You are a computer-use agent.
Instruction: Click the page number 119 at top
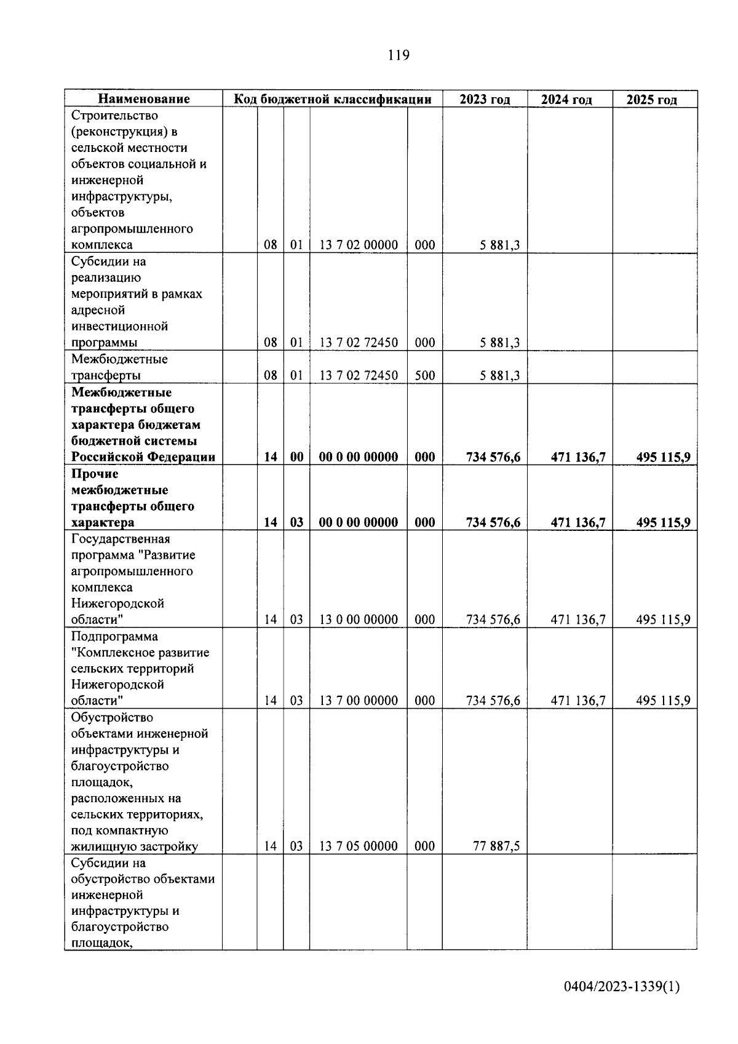coord(398,55)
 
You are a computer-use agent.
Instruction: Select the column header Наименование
coord(144,99)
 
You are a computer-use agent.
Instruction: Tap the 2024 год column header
coord(566,100)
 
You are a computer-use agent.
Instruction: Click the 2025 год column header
coord(652,100)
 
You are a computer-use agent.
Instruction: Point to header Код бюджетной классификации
coord(331,99)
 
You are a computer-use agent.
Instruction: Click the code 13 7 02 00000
coord(359,245)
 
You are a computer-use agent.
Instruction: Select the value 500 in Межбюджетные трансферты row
coord(424,375)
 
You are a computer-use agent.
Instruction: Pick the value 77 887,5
coord(496,846)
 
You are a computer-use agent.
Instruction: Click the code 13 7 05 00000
coord(359,846)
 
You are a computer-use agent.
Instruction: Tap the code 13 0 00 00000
coord(359,620)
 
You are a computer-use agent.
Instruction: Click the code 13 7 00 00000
coord(359,700)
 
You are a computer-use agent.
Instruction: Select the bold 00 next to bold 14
coord(296,457)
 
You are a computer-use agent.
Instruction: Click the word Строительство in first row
coord(114,116)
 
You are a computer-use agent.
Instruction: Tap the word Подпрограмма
coord(114,636)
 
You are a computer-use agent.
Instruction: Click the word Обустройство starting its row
coord(112,717)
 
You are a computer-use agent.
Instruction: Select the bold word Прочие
coord(95,474)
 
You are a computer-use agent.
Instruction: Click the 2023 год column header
coord(485,100)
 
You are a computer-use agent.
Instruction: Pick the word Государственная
coord(121,539)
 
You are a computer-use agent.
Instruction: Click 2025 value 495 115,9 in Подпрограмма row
coord(663,700)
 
